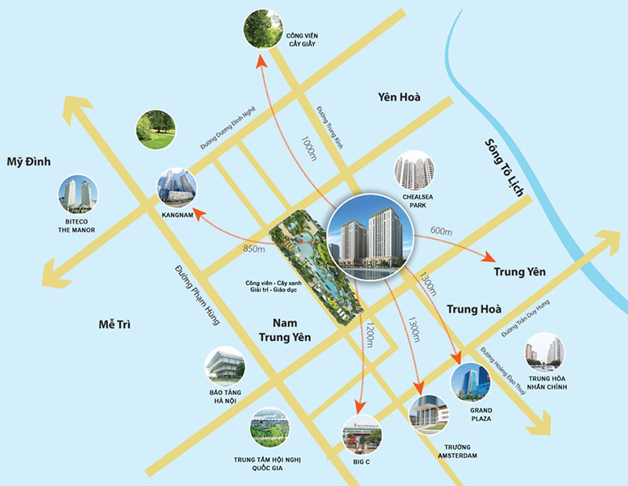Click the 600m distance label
pyautogui.click(x=441, y=230)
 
